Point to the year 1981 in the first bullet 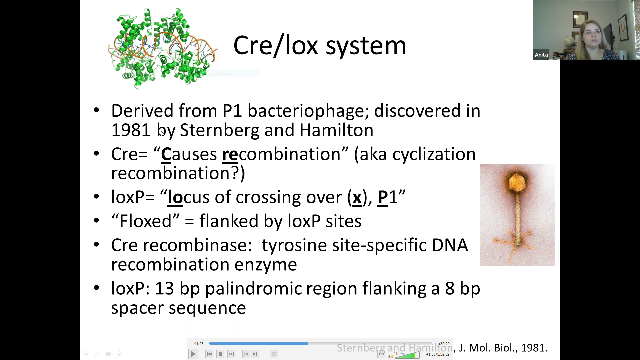tap(131, 130)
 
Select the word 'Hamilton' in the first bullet tap(336, 130)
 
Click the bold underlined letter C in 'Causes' tap(166, 154)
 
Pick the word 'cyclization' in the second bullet tap(434, 154)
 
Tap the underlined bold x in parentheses tap(357, 197)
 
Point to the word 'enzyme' tap(266, 265)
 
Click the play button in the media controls tap(193, 354)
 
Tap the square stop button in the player tap(220, 354)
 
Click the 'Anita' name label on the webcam tap(541, 55)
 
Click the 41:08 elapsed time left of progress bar tap(199, 344)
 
